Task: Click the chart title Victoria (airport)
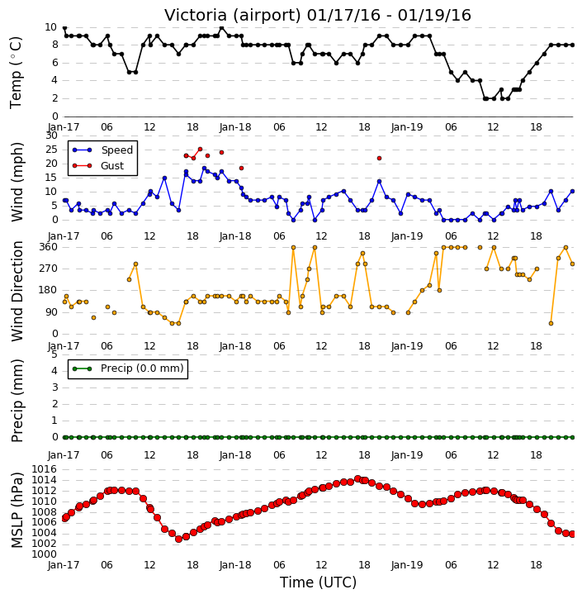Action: click(233, 16)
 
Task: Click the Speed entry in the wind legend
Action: click(102, 150)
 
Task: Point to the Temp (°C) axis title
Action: click(16, 73)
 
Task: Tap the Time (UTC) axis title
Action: click(318, 582)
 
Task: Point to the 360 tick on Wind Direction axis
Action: click(49, 247)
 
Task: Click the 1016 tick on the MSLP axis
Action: click(45, 469)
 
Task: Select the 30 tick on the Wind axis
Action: click(51, 135)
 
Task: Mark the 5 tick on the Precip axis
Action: click(54, 354)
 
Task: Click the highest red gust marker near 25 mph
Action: click(200, 149)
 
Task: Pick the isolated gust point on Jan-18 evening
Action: click(379, 158)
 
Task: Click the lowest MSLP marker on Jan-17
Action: click(178, 539)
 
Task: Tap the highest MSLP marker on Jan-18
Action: click(357, 478)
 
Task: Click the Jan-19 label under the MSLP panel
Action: click(407, 565)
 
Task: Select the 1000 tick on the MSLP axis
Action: click(45, 554)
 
